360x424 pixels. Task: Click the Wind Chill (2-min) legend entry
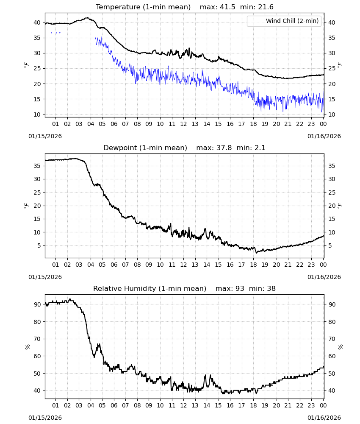pos(284,21)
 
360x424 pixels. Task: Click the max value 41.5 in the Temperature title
pos(227,7)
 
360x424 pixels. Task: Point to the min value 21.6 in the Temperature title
pos(266,7)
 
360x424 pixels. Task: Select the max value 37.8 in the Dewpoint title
pos(224,148)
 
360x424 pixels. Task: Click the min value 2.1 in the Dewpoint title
pos(260,148)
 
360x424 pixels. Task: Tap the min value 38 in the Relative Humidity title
pos(271,288)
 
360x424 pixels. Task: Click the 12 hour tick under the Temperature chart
pos(183,124)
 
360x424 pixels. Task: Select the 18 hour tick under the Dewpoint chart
pos(253,265)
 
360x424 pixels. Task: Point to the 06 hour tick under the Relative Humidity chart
pos(114,405)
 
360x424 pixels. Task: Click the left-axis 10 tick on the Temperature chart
pos(37,114)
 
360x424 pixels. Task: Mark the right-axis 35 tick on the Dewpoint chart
pos(332,166)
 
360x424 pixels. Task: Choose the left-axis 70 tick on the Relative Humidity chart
pos(37,339)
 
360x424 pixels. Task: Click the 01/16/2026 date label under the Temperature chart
pos(324,136)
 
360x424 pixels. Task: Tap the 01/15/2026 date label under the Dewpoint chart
pos(45,277)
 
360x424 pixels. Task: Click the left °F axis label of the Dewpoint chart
pos(26,206)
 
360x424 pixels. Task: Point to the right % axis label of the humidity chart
pos(340,347)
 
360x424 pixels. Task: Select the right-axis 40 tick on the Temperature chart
pos(332,22)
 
